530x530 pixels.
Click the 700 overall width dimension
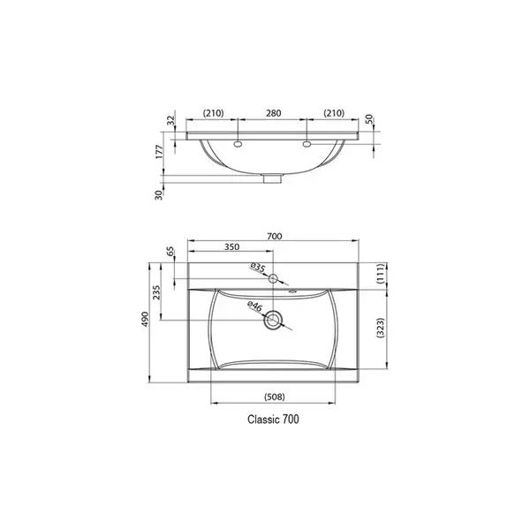coord(274,236)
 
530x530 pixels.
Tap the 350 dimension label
coord(231,246)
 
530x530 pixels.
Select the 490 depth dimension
coord(145,319)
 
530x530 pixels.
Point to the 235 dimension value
coord(156,292)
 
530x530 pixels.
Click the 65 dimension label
coord(171,252)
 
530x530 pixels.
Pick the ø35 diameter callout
coord(258,268)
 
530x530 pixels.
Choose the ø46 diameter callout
coord(254,307)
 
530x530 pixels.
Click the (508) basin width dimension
coord(275,397)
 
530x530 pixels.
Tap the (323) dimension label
coord(380,328)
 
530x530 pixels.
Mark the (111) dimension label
coord(380,273)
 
